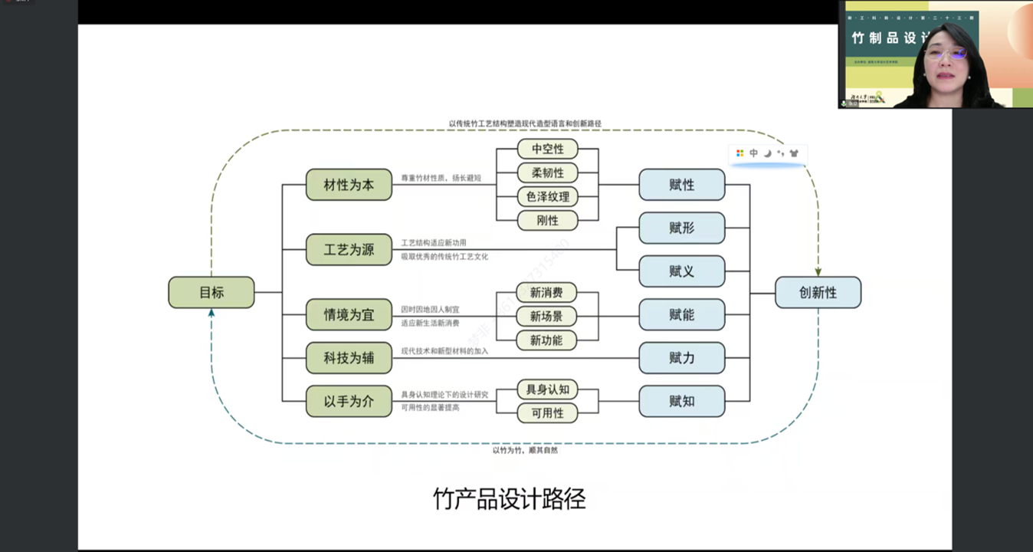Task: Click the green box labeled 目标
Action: click(x=212, y=292)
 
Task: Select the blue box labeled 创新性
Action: click(x=818, y=292)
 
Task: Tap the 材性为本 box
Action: click(x=349, y=185)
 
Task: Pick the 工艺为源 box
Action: click(x=349, y=249)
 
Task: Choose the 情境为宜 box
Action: click(x=349, y=314)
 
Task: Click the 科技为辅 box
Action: click(x=349, y=357)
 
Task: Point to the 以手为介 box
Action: click(x=349, y=401)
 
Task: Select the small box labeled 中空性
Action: click(x=547, y=149)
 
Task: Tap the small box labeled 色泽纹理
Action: click(x=547, y=196)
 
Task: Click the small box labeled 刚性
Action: click(x=547, y=221)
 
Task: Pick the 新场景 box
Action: click(x=546, y=316)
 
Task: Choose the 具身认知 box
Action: click(x=547, y=389)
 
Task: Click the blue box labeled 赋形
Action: click(x=681, y=228)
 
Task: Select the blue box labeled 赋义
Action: click(x=681, y=271)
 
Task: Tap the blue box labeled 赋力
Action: click(x=681, y=357)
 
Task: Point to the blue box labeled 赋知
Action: click(x=681, y=401)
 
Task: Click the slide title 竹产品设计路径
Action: click(x=509, y=499)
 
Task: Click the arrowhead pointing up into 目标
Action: click(x=212, y=313)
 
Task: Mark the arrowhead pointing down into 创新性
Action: click(x=818, y=271)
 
